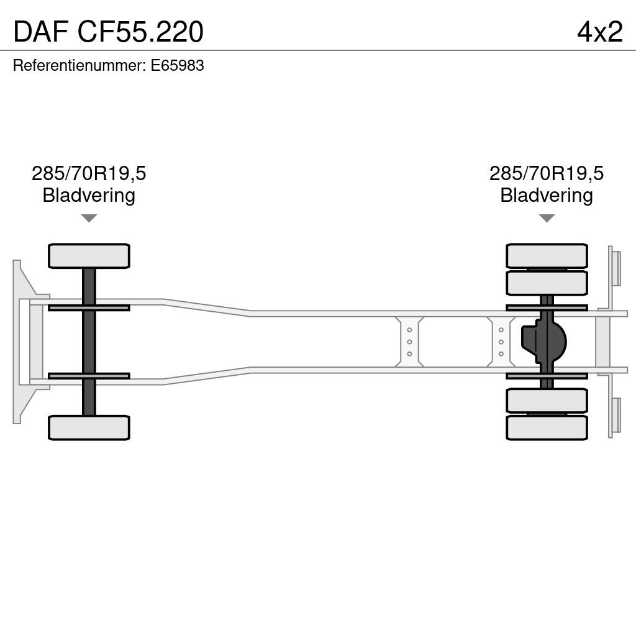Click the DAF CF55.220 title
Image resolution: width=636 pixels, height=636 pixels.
coord(108,32)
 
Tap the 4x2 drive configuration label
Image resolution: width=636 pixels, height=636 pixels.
coord(600,32)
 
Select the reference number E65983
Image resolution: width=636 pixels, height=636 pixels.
coord(177,65)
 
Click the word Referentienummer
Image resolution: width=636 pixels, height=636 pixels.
coord(79,65)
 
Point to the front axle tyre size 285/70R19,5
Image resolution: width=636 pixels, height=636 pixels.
coord(89,174)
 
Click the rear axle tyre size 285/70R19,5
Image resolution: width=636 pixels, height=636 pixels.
coord(547,174)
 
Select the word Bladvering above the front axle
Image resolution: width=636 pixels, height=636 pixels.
coord(89,195)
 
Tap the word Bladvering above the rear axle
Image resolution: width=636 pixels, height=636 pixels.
coord(547,195)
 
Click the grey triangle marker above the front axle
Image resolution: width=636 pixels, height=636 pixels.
coord(89,218)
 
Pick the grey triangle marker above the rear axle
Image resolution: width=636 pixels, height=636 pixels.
coord(547,218)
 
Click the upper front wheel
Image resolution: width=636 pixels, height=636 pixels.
coord(89,256)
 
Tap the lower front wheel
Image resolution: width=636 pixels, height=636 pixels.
coord(89,427)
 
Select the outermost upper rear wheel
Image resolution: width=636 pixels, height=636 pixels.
coord(547,256)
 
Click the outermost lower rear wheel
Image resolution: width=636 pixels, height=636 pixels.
coord(547,427)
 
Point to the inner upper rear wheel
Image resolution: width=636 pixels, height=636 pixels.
coord(547,283)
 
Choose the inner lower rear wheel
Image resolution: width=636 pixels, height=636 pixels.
coord(547,401)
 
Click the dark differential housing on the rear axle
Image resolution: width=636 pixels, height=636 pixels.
coord(543,342)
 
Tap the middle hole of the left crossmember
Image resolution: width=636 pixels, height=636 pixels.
coord(409,342)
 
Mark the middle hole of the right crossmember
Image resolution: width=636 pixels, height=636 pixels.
coord(501,342)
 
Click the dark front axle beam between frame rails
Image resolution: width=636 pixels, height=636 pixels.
coord(89,342)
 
